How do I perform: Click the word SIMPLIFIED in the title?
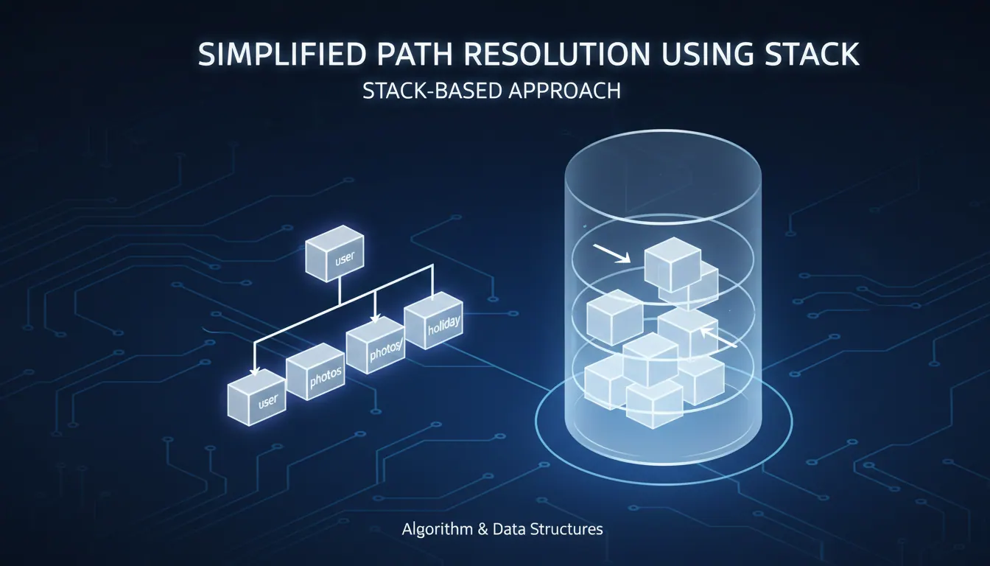tap(282, 55)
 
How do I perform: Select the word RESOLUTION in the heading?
tap(556, 55)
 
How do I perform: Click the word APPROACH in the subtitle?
tap(564, 91)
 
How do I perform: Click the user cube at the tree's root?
tap(334, 254)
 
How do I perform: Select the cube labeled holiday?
tap(434, 320)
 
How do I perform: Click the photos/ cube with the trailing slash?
tap(375, 346)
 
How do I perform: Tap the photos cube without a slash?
tap(315, 372)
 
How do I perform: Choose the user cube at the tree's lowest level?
tap(256, 397)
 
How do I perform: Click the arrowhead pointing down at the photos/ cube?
tap(375, 318)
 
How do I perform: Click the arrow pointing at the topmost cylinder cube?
tap(611, 254)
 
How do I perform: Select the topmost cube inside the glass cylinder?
tap(673, 265)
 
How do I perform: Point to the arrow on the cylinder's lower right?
tap(719, 338)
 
